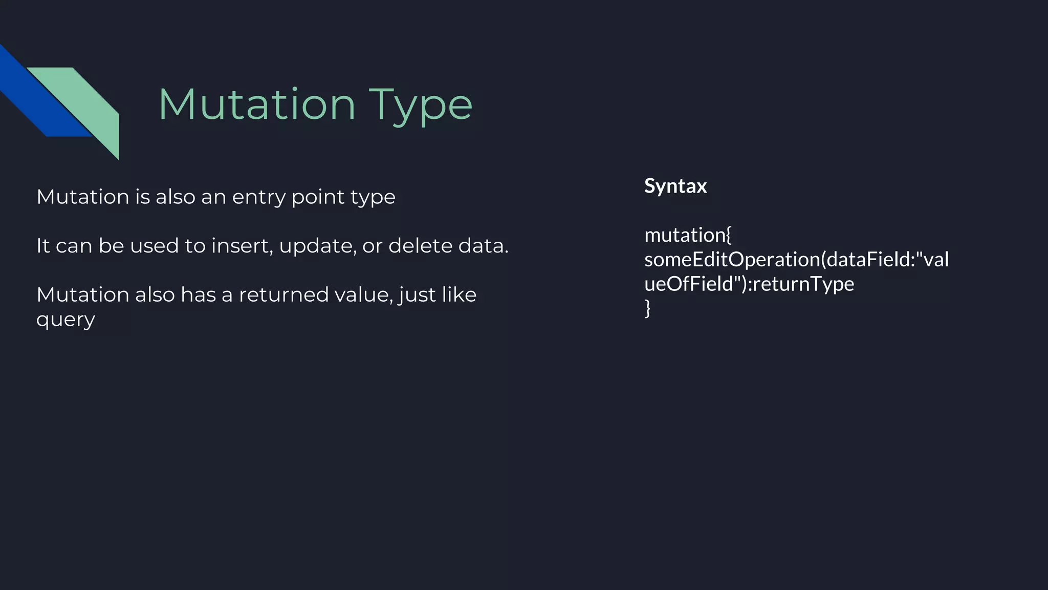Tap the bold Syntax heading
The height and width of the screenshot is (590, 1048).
pos(675,185)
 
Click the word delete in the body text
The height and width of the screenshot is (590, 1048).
pos(421,246)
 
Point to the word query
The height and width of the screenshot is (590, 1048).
pos(66,321)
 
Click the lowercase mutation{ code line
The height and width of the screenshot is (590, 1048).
pos(688,235)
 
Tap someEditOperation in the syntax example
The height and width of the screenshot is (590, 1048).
pos(732,260)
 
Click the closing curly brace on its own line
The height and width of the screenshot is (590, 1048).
pos(648,308)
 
